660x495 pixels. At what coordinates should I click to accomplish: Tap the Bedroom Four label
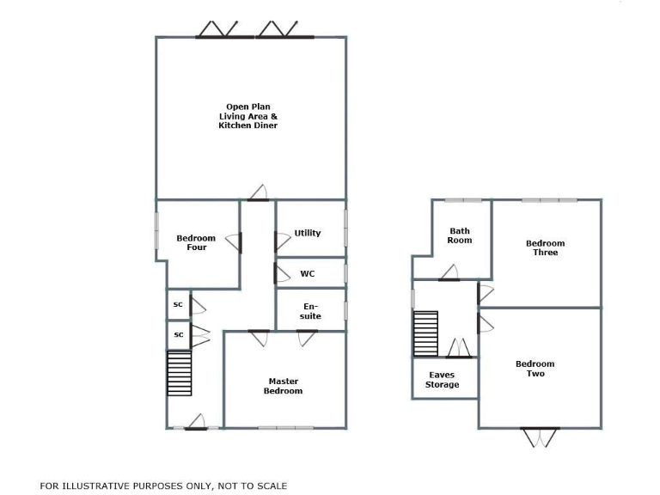[196, 242]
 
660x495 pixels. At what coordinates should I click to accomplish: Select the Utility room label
[308, 233]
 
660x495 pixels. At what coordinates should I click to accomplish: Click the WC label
[307, 274]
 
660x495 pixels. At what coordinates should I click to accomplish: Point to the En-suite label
[311, 311]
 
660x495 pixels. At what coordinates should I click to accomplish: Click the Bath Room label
[460, 235]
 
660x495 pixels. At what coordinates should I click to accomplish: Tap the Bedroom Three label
[546, 247]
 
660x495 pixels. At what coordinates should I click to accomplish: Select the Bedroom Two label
[535, 369]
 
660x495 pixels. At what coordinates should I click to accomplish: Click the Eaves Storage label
[442, 380]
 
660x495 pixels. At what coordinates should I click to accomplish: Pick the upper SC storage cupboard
[178, 304]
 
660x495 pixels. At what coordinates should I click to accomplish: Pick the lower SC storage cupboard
[178, 334]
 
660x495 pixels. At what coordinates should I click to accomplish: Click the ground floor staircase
[179, 373]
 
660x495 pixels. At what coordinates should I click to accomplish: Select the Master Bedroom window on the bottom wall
[286, 427]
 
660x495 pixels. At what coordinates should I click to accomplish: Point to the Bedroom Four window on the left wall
[156, 232]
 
